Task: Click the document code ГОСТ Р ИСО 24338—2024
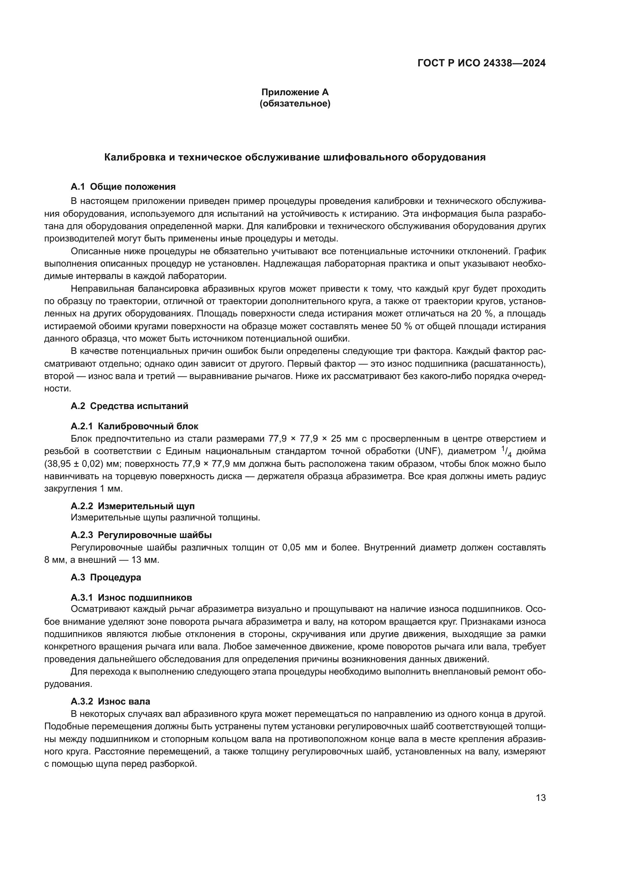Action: click(x=481, y=63)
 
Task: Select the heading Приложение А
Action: click(x=295, y=92)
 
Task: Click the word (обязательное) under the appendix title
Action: click(x=295, y=103)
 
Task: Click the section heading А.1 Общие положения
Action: click(x=123, y=187)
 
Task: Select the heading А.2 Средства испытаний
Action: click(x=129, y=406)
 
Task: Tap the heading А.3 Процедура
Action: click(x=106, y=577)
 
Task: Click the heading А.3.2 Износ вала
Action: click(x=110, y=701)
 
